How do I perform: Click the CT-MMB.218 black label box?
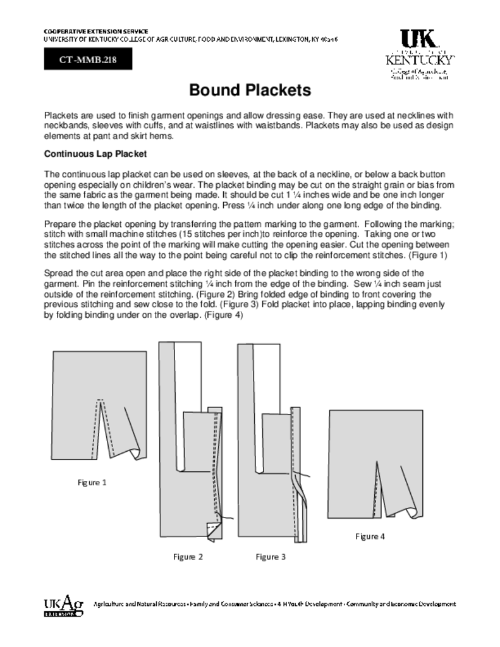tap(88, 60)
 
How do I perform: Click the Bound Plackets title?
tap(250, 90)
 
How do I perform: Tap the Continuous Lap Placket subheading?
tap(95, 154)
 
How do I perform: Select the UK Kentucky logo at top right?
tap(420, 54)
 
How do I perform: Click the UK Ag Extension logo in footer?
tap(63, 607)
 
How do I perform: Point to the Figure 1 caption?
tap(92, 483)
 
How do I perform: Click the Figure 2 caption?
tap(188, 557)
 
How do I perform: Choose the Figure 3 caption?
tap(271, 557)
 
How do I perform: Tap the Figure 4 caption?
tap(370, 536)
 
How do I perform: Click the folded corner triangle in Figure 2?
tap(212, 528)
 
